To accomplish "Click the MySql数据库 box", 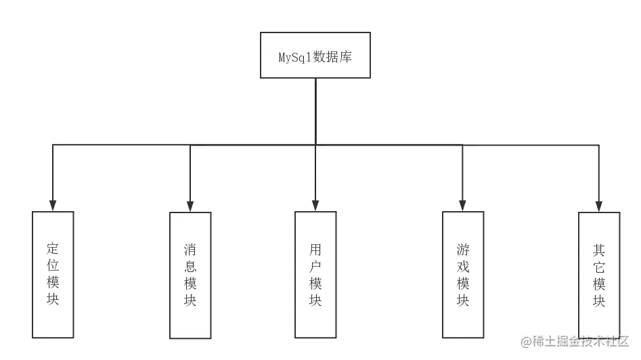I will (x=316, y=55).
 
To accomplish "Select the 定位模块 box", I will (x=53, y=274).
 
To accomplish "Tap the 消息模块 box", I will (x=190, y=275).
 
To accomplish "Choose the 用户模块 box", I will (x=315, y=275).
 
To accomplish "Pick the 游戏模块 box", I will (x=463, y=275).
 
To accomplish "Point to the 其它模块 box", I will (x=599, y=275).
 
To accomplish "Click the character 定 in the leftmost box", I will (x=53, y=248).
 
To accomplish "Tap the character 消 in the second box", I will (x=190, y=249).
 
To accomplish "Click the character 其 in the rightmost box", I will (x=599, y=249).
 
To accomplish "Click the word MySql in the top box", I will (x=293, y=57).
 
